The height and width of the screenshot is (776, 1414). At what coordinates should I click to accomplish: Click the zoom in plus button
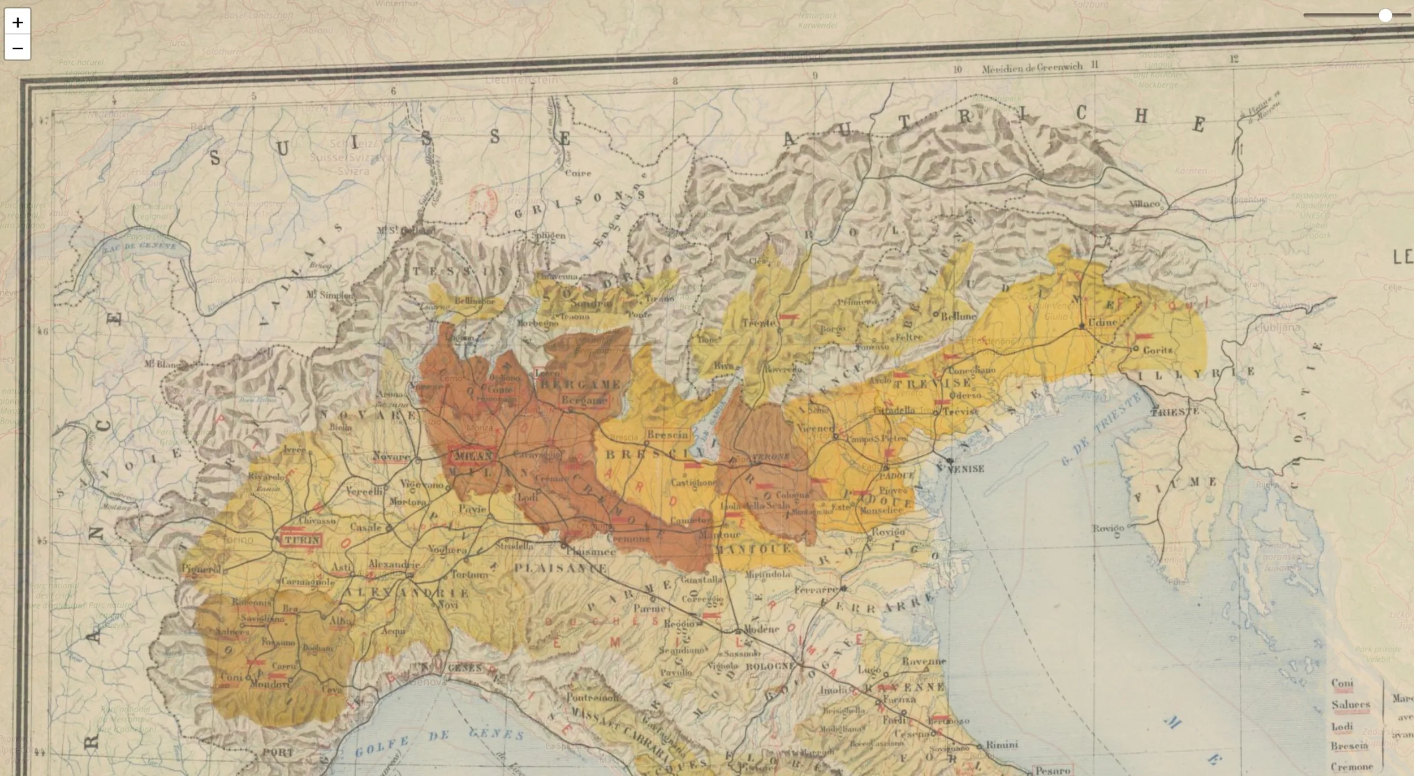tap(17, 22)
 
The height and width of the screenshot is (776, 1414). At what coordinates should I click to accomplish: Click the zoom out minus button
tap(17, 48)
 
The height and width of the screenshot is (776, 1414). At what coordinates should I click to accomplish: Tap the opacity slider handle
tap(1385, 15)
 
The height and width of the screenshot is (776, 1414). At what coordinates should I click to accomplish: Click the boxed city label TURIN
tap(301, 540)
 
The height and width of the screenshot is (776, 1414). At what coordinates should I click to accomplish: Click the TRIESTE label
tap(1174, 412)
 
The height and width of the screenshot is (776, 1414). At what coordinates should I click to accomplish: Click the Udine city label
tap(1103, 322)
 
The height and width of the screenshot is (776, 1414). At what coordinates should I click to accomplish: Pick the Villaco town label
tap(1144, 204)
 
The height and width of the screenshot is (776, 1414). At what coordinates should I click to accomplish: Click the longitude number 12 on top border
tap(1234, 59)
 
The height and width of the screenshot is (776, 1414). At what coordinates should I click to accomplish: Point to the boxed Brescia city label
tap(667, 435)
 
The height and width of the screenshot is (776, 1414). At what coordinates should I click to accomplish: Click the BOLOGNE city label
tap(770, 666)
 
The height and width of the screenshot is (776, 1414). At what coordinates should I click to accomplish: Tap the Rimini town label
tap(1002, 745)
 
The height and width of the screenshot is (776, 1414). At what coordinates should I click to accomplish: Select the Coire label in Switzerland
tap(577, 173)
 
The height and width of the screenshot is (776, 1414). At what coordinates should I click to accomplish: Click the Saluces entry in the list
tap(1350, 705)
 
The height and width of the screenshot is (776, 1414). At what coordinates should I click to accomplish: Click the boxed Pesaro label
tap(1053, 770)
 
